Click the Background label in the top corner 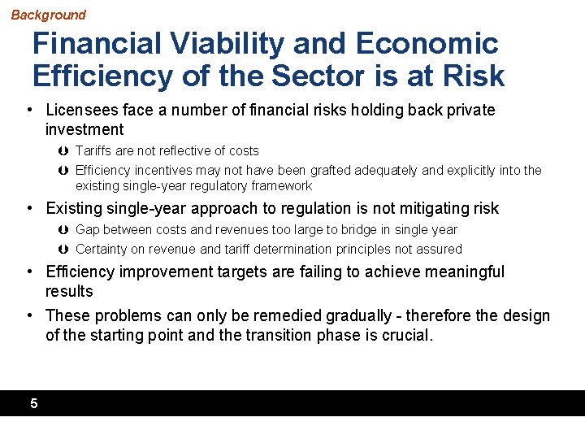pos(48,15)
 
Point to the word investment pos(84,129)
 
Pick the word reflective pos(180,151)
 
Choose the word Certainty pos(103,250)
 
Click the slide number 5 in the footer pos(33,403)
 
